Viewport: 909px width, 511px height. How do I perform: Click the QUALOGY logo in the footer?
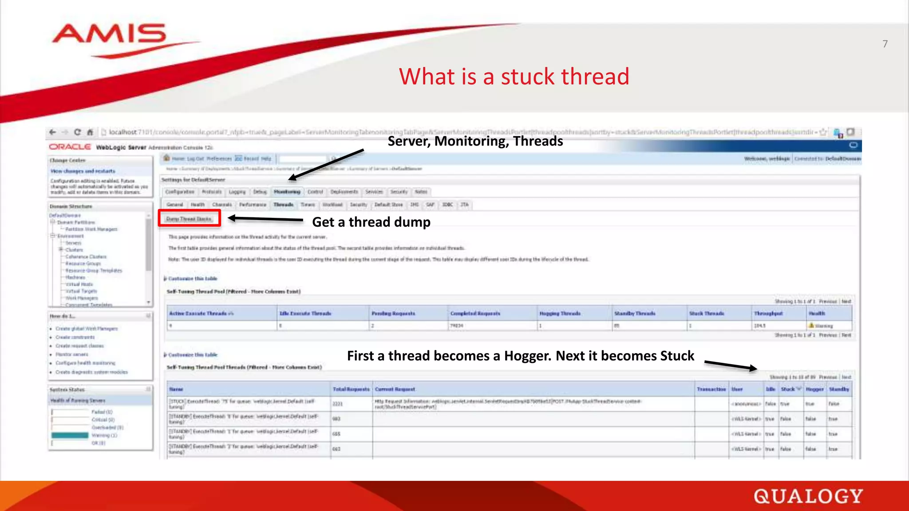pos(808,496)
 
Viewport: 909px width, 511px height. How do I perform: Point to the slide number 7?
pos(885,44)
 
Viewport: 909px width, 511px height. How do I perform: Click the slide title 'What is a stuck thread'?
pos(514,76)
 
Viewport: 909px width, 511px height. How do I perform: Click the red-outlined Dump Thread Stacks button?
pos(189,219)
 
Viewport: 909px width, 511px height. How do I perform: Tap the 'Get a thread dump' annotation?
pos(371,222)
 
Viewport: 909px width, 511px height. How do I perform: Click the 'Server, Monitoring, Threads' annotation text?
pos(475,141)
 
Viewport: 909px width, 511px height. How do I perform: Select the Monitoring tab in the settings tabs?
pos(287,192)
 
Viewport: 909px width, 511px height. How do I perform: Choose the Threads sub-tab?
pos(283,205)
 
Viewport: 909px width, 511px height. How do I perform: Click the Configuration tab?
pos(180,192)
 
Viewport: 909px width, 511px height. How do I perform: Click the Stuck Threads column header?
pos(706,314)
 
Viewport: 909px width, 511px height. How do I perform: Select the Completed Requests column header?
pos(475,314)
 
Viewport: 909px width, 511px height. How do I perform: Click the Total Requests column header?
pos(351,389)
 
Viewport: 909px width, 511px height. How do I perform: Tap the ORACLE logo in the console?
pos(70,147)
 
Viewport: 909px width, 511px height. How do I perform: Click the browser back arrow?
pos(52,132)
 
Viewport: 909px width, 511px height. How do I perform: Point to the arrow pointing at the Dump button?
pos(265,219)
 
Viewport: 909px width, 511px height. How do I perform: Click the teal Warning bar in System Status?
pos(70,436)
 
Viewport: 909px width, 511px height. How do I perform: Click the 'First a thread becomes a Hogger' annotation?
pos(520,356)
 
